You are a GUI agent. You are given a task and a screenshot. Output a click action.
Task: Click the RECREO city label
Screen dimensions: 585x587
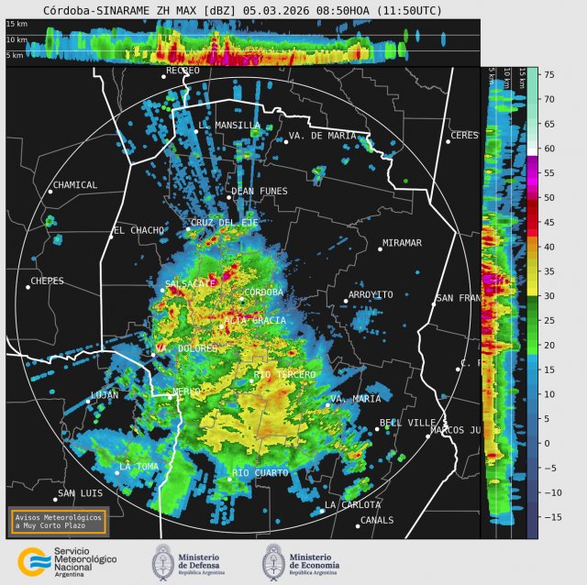tap(182, 71)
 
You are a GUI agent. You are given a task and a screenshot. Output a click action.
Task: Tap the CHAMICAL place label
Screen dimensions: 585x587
tap(75, 185)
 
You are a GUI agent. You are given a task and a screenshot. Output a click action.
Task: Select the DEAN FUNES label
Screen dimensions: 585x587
tap(259, 192)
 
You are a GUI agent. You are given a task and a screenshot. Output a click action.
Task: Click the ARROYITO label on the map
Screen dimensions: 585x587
tap(371, 295)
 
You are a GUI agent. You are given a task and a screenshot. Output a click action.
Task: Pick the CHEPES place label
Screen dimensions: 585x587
tap(48, 281)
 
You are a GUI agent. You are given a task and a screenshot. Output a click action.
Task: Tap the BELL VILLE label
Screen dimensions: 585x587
tap(408, 423)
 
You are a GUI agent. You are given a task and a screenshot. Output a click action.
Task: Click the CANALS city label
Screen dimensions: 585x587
tap(377, 520)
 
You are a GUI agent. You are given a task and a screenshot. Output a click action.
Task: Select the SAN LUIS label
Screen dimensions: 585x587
tap(79, 493)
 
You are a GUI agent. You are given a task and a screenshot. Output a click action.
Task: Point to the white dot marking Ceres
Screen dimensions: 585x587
tap(448, 141)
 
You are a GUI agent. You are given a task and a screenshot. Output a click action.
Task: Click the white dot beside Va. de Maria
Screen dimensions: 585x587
tap(285, 141)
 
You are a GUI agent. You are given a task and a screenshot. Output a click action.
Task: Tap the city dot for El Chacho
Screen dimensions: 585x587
tap(112, 237)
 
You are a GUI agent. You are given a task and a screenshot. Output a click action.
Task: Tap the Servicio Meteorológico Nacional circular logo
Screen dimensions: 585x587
tap(34, 560)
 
